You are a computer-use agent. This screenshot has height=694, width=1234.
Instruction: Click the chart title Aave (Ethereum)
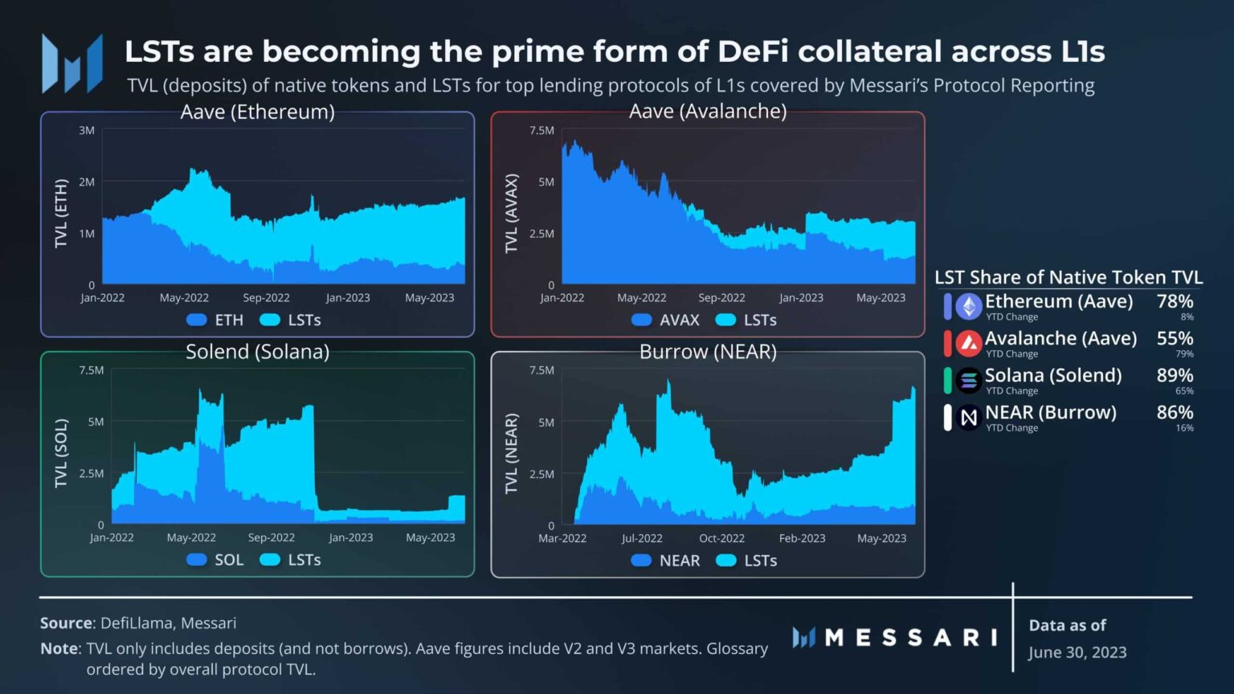coord(257,112)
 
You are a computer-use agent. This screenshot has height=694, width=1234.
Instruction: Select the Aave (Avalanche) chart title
coord(707,111)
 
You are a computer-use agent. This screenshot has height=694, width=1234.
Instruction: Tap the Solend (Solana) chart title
coord(257,352)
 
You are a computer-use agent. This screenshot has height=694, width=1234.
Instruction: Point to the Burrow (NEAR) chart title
coord(707,352)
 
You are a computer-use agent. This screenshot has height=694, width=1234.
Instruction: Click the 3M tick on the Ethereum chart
coord(87,130)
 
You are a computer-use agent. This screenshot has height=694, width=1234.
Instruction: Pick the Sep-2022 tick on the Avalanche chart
coord(721,298)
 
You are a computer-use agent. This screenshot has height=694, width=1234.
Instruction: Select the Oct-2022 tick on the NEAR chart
coord(721,538)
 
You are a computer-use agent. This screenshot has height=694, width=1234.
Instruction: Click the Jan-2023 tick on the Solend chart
coord(350,537)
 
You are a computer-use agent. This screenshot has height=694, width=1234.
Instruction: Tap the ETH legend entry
coord(215,320)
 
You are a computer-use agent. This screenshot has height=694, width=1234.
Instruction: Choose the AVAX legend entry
coord(665,320)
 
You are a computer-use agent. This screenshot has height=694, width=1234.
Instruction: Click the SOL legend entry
coord(215,560)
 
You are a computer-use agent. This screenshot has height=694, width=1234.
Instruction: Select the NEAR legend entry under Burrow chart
coord(665,561)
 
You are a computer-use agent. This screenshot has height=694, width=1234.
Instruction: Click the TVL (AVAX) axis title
coord(512,213)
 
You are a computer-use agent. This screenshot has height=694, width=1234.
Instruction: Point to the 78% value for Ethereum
coord(1175,302)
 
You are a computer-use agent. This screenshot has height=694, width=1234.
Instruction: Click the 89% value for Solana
coord(1175,376)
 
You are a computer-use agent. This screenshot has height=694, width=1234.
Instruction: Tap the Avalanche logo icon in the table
coord(969,344)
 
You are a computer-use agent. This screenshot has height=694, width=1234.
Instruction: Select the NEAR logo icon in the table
coord(969,418)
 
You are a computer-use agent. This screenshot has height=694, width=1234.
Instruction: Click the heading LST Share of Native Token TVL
coord(1069,278)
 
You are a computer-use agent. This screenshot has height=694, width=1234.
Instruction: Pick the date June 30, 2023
coord(1077,652)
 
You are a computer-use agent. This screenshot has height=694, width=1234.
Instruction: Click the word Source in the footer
coord(66,623)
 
